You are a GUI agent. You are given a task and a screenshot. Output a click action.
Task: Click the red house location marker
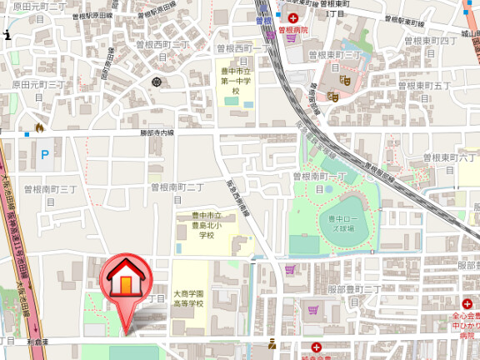pyautogui.click(x=124, y=283)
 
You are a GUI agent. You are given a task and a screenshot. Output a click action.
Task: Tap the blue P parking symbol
pyautogui.click(x=45, y=153)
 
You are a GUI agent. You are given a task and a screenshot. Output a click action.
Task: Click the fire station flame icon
pyautogui.click(x=37, y=127)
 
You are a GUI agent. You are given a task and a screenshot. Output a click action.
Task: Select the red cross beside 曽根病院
pyautogui.click(x=293, y=17)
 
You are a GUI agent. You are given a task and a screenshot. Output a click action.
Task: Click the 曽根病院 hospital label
pyautogui.click(x=292, y=29)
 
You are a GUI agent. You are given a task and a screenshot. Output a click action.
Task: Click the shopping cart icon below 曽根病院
pyautogui.click(x=272, y=36)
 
